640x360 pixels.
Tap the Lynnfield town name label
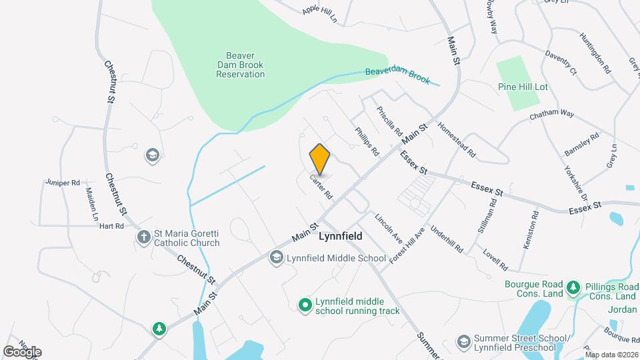coord(341,237)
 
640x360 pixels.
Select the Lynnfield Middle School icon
coord(276,257)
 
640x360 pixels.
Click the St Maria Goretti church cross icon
coord(143,237)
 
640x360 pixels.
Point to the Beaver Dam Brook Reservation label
coord(241,65)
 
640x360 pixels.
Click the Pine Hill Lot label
coord(523,87)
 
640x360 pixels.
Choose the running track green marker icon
coord(305,305)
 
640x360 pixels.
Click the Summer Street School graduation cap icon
coord(463,341)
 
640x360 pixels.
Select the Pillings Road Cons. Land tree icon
coord(573,288)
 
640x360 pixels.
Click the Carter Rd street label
coord(321,187)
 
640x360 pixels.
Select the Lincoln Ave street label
coord(389,228)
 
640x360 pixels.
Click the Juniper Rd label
coord(63,182)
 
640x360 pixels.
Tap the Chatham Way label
coord(552,115)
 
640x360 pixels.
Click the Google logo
coord(22,351)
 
